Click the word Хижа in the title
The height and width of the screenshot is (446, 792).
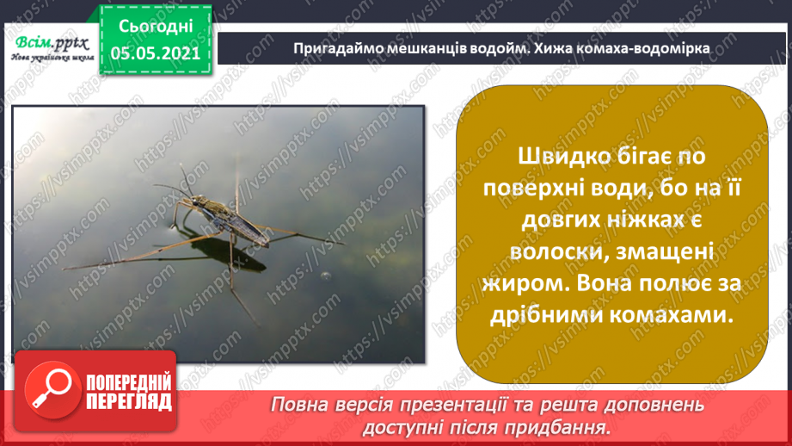574,48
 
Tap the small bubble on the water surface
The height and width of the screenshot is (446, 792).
324,276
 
